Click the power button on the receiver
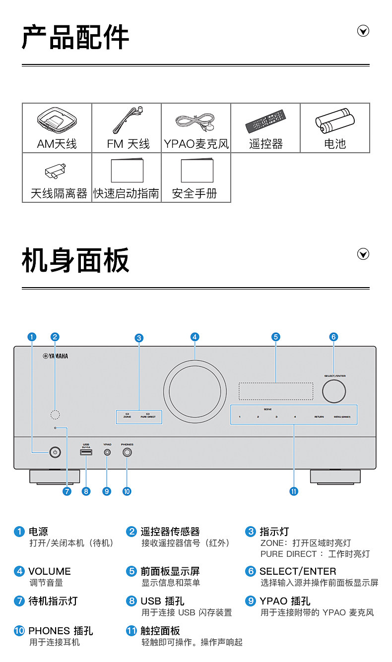click(x=55, y=452)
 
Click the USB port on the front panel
click(x=86, y=452)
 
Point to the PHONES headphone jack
click(x=128, y=452)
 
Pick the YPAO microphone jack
click(x=107, y=452)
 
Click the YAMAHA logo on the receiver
click(x=56, y=356)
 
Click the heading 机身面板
click(x=75, y=260)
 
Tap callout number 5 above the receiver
click(x=276, y=337)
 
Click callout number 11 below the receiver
click(x=294, y=491)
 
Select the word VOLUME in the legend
click(x=50, y=571)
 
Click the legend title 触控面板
click(x=160, y=631)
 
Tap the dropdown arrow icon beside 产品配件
click(x=363, y=32)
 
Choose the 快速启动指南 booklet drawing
click(x=127, y=170)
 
